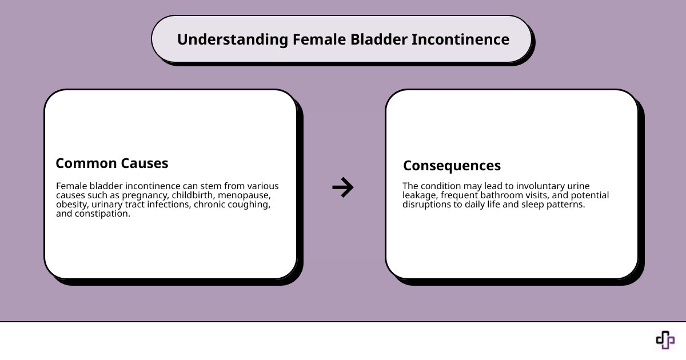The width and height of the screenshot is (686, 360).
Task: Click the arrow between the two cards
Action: (343, 187)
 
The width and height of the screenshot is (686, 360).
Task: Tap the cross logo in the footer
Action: (665, 339)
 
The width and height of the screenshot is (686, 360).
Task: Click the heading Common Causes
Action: (112, 163)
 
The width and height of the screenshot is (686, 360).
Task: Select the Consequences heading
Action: (452, 166)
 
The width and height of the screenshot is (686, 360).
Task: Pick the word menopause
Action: (246, 195)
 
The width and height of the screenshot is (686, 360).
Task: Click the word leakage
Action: (420, 195)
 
